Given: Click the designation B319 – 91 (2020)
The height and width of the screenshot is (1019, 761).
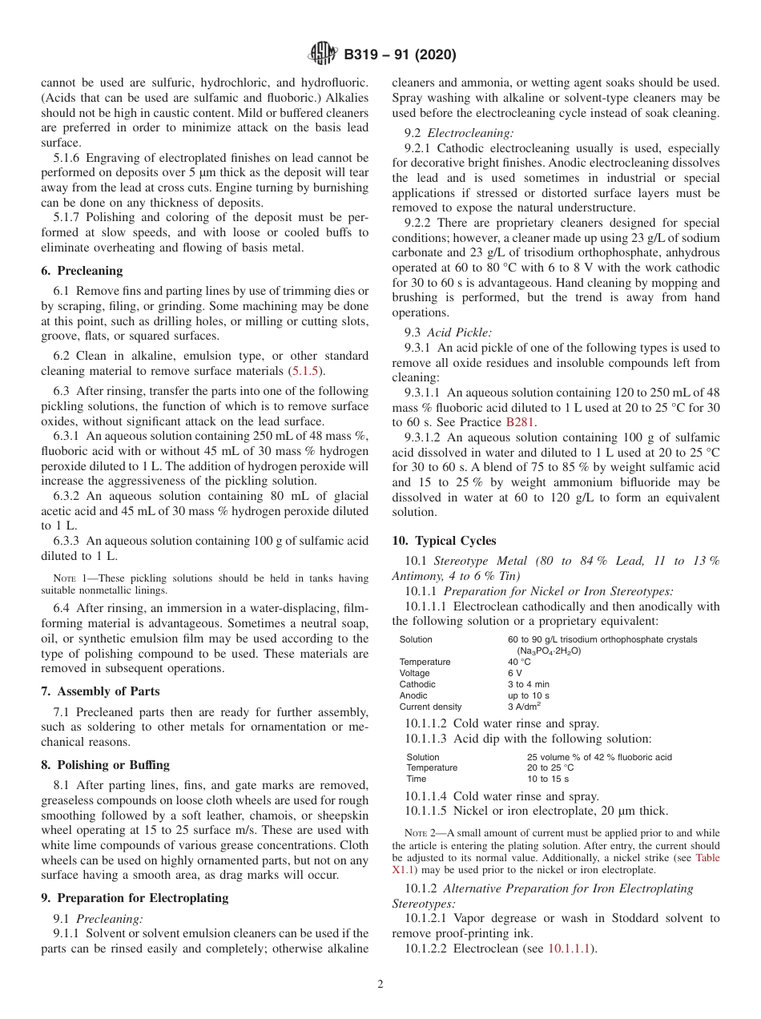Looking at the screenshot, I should (x=400, y=55).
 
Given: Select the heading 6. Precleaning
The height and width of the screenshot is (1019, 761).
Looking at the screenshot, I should (x=82, y=271).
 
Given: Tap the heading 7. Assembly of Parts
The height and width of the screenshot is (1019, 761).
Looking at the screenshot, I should (x=100, y=691).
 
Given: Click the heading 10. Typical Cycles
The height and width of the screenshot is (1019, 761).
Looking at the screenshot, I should (x=444, y=541).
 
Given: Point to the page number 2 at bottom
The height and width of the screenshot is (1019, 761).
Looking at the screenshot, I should (x=380, y=985).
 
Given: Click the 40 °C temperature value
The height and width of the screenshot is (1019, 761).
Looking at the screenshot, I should (x=519, y=662).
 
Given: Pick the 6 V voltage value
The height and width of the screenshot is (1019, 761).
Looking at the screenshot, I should (x=514, y=673).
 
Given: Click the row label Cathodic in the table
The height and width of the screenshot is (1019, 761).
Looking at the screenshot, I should (x=417, y=684).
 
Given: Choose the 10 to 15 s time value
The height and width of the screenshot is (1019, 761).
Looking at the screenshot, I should (x=547, y=779).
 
